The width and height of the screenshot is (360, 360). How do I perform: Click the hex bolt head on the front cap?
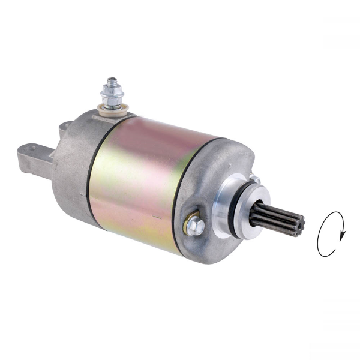[x=195, y=226]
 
